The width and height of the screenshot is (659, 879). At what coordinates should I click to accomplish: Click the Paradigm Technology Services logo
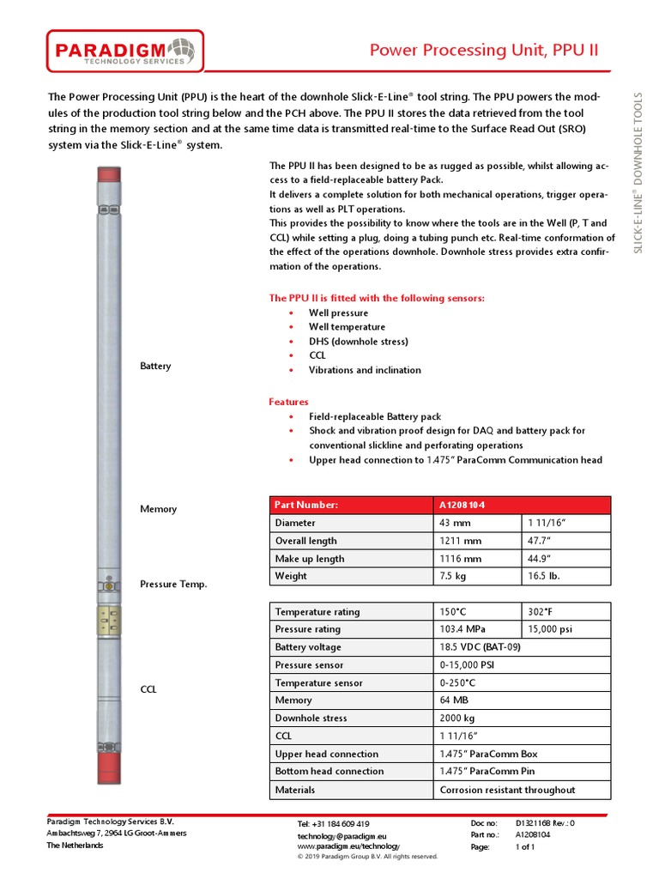point(125,52)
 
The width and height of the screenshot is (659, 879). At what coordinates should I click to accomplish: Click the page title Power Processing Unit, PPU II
point(483,51)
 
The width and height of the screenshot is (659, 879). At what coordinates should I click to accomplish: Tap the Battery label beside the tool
point(155,367)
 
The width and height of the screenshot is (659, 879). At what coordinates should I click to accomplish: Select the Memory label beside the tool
point(158,509)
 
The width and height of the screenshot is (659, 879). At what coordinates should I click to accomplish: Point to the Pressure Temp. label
point(173,585)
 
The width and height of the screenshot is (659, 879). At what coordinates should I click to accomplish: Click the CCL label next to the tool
point(148,689)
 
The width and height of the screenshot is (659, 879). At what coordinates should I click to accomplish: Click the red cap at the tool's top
point(109,174)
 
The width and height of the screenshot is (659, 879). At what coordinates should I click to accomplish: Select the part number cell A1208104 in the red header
point(469,505)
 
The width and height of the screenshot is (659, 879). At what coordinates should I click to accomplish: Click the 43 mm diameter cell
point(455,523)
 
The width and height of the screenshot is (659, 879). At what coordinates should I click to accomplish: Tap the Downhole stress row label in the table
point(311,718)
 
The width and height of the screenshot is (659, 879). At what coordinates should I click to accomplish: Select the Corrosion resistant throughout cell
point(507,790)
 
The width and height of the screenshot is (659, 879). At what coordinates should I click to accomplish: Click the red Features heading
point(288,402)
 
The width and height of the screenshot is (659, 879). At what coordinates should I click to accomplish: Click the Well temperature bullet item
point(347,327)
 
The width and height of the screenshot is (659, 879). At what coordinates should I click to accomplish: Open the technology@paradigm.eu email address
point(342,835)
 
